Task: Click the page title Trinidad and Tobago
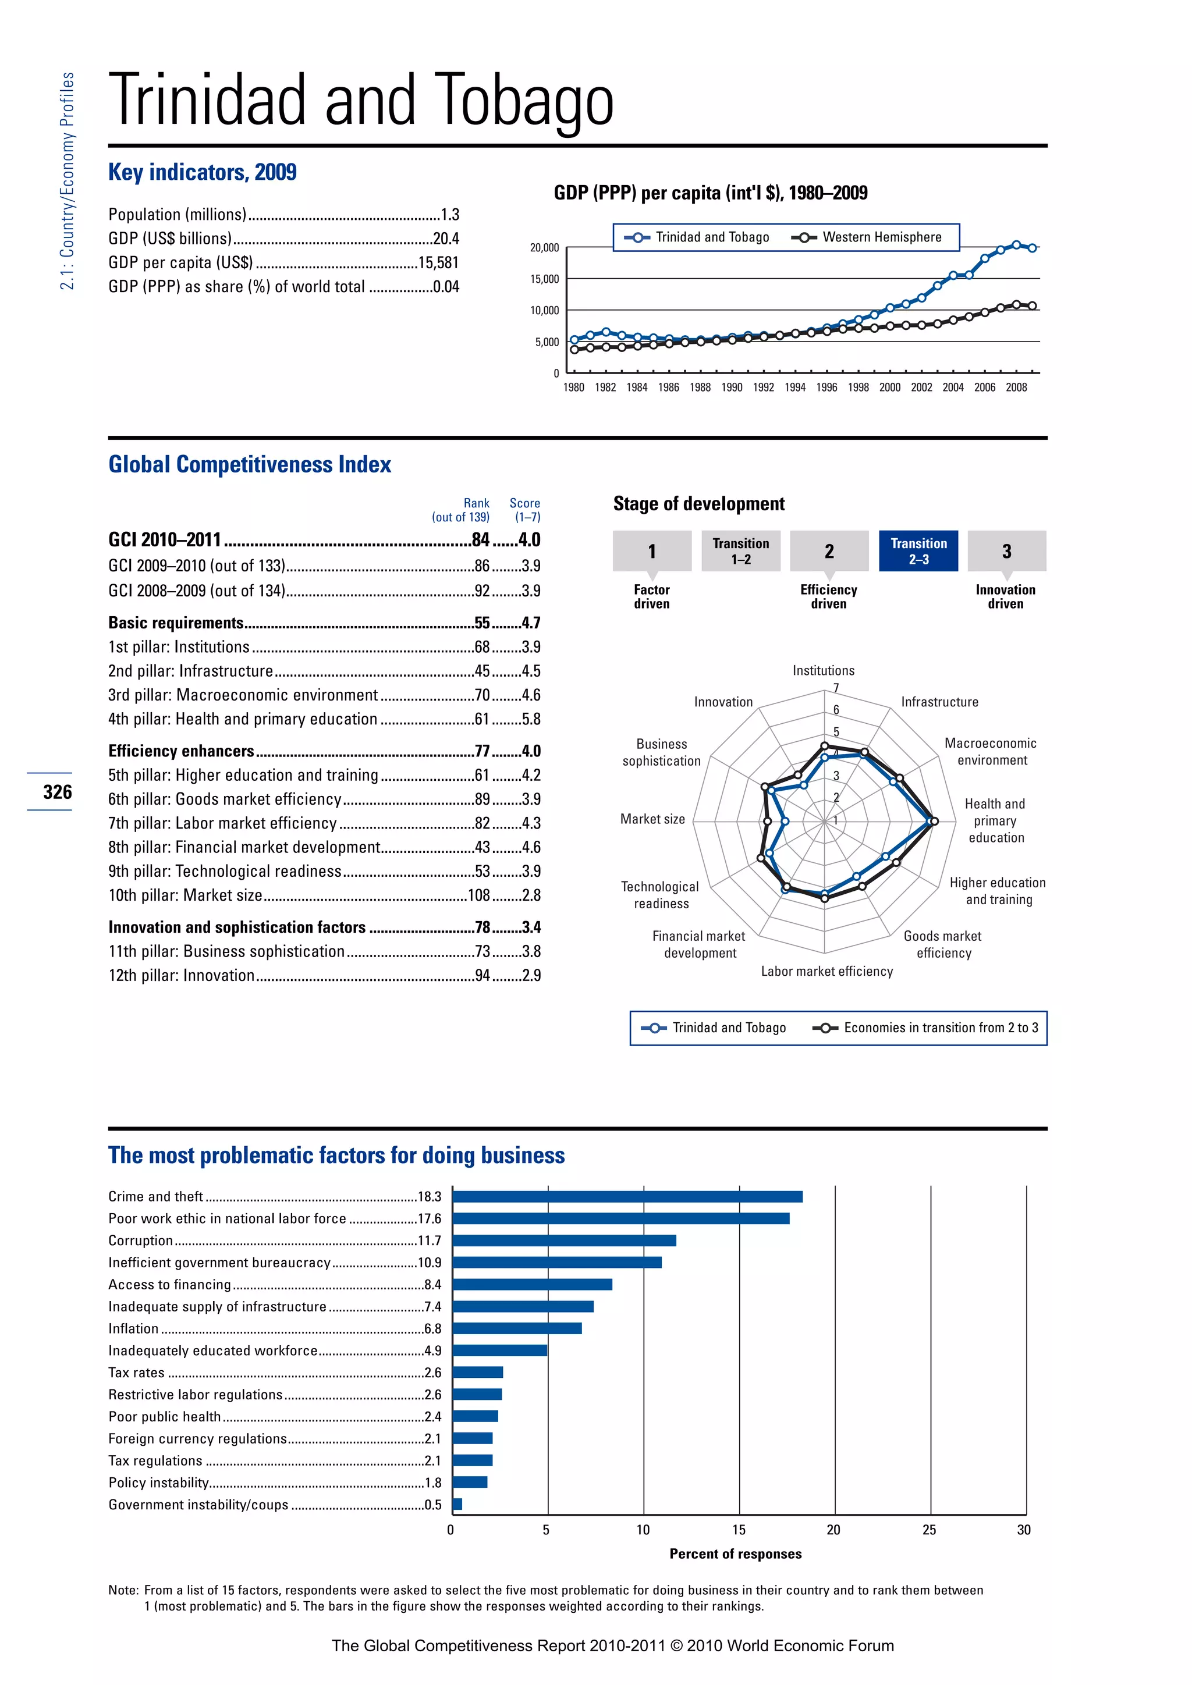[x=360, y=101]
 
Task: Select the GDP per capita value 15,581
[x=438, y=263]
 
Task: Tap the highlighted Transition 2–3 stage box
[x=918, y=550]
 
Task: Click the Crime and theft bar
[x=627, y=1197]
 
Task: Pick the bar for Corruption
[x=564, y=1241]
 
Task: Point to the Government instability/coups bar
[x=457, y=1505]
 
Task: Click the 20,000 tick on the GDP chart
[x=545, y=248]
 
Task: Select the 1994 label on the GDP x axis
[x=795, y=388]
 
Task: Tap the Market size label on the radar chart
[x=652, y=819]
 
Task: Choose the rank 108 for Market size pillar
[x=478, y=895]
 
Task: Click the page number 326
[x=57, y=792]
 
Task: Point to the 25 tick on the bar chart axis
[x=930, y=1530]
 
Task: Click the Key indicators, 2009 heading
[x=203, y=172]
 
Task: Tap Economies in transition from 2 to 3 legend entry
[x=940, y=1028]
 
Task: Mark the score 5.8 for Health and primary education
[x=531, y=719]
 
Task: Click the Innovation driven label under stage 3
[x=1005, y=596]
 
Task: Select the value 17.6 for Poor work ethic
[x=430, y=1219]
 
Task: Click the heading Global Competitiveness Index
[x=250, y=464]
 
